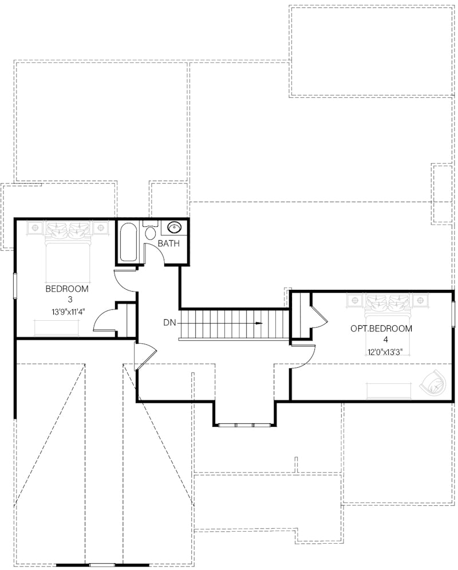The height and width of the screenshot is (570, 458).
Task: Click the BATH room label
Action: click(x=169, y=243)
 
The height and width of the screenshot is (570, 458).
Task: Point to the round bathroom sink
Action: click(x=174, y=228)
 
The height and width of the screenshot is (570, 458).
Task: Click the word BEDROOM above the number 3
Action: click(x=68, y=288)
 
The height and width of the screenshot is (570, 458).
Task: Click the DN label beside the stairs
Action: click(x=169, y=323)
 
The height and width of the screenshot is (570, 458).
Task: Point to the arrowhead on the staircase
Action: click(x=259, y=323)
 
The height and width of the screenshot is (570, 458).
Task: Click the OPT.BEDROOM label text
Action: click(x=381, y=329)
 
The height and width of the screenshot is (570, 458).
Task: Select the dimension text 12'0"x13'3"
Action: click(x=381, y=352)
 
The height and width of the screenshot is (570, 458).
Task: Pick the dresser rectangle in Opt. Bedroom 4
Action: click(x=388, y=391)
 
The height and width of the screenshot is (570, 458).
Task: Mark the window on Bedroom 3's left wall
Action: click(x=15, y=285)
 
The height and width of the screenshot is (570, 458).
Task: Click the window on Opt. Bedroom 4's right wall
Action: click(x=453, y=312)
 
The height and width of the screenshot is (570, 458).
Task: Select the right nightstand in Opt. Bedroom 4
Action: click(x=422, y=300)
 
